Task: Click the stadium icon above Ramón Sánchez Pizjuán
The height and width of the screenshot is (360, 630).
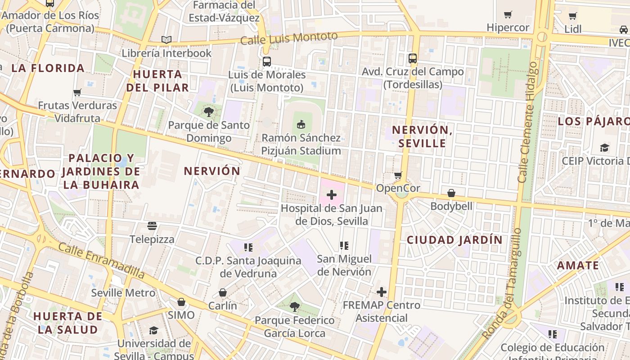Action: click(301, 124)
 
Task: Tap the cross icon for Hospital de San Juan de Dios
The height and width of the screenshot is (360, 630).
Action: click(332, 195)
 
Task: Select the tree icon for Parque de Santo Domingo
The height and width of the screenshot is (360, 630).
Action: click(208, 111)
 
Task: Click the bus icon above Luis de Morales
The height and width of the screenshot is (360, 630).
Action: click(267, 62)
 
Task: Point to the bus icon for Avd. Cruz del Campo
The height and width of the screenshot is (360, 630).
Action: click(413, 58)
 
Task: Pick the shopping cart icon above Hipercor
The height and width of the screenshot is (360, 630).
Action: click(508, 14)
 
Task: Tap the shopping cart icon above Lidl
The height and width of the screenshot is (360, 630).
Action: click(573, 16)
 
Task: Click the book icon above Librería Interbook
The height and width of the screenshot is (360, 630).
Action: click(166, 40)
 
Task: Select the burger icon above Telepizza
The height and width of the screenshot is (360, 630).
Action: click(152, 225)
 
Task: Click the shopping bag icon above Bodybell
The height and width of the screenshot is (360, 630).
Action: click(451, 193)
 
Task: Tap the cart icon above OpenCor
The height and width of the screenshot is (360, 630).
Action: click(398, 175)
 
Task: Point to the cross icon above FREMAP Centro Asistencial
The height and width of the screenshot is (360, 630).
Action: click(382, 292)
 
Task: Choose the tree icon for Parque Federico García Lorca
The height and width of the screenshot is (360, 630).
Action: click(294, 307)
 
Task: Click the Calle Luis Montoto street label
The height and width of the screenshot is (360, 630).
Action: click(288, 38)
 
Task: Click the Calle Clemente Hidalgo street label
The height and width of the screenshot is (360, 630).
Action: click(528, 121)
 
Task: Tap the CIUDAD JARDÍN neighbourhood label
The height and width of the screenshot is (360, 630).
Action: click(454, 240)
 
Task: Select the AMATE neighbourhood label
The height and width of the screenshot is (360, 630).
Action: click(578, 265)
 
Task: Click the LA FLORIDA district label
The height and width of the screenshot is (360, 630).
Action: click(48, 68)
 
